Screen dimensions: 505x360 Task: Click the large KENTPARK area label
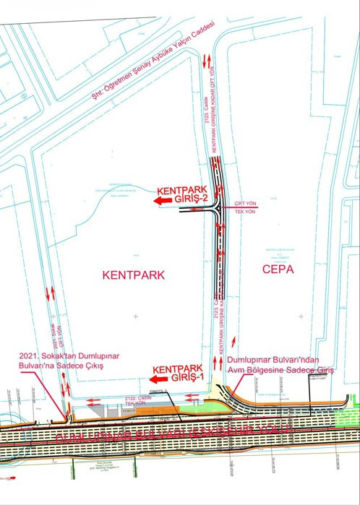(134, 275)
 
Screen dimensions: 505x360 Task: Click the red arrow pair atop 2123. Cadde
(208, 61)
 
